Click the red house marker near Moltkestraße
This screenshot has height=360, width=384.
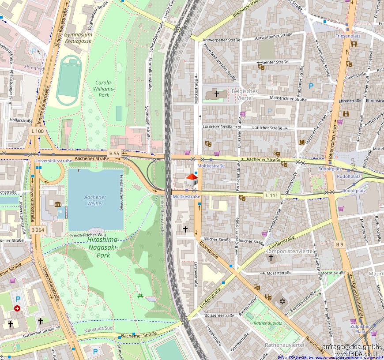pyautogui.click(x=192, y=180)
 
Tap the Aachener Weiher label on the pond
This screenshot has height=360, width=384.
pyautogui.click(x=94, y=200)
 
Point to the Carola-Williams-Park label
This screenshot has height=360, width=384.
pyautogui.click(x=104, y=89)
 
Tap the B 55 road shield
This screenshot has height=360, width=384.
pyautogui.click(x=114, y=153)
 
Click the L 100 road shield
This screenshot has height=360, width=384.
pyautogui.click(x=38, y=131)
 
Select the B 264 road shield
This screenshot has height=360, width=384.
pyautogui.click(x=38, y=230)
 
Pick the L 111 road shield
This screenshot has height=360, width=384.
pyautogui.click(x=272, y=195)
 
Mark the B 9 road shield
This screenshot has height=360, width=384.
pyautogui.click(x=339, y=244)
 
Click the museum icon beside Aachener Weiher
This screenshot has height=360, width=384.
pyautogui.click(x=58, y=203)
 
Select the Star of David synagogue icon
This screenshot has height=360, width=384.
pyautogui.click(x=280, y=301)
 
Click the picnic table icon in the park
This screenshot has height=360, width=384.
pyautogui.click(x=140, y=296)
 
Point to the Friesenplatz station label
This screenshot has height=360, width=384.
pyautogui.click(x=348, y=35)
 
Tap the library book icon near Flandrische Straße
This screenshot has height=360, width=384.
pyautogui.click(x=302, y=142)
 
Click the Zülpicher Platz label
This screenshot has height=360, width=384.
pyautogui.click(x=360, y=328)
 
